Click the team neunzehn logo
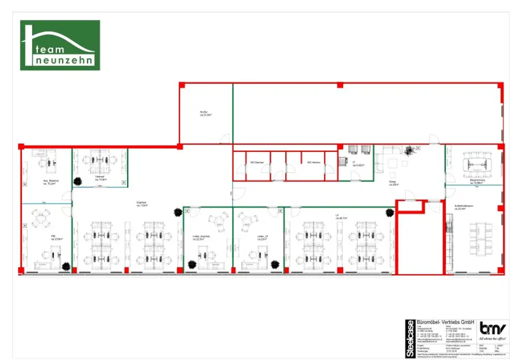click(60, 45)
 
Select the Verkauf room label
click(99, 177)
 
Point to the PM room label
click(53, 238)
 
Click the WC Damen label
click(256, 162)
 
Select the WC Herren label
click(313, 162)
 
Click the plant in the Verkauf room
click(78, 182)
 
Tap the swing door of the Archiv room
click(225, 139)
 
